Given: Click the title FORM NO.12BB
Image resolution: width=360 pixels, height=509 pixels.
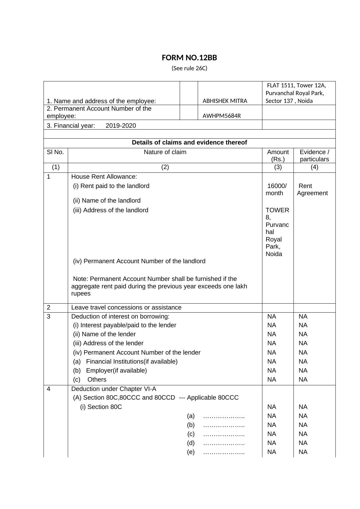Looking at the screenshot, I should [189, 58].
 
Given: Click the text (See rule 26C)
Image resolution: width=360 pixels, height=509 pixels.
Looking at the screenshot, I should [189, 68].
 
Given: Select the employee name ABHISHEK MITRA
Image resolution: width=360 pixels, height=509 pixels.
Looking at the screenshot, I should [225, 101].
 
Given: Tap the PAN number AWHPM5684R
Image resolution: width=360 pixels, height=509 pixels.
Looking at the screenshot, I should [221, 116].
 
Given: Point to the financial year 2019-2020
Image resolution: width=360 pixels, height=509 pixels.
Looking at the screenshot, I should [121, 126].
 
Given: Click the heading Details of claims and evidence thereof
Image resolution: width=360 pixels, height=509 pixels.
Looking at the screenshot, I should [189, 143].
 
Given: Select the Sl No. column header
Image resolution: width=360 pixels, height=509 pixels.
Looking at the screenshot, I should [55, 152].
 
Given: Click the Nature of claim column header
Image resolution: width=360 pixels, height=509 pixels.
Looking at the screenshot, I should [165, 152].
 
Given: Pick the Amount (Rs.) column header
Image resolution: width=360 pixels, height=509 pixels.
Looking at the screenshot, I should [278, 155].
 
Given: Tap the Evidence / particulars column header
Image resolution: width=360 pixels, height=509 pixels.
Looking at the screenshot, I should [314, 155].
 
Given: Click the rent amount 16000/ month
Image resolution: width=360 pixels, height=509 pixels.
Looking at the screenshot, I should [277, 190].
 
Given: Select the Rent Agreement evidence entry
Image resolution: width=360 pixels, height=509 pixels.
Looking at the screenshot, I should [312, 190].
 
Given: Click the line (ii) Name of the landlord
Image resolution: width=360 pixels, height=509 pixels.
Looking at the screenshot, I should [107, 200].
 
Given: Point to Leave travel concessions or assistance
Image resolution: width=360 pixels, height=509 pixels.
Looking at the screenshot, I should [126, 307].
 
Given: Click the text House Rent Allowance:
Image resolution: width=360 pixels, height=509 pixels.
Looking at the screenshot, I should [104, 177].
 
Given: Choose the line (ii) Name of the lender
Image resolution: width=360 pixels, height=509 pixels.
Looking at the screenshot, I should [104, 334].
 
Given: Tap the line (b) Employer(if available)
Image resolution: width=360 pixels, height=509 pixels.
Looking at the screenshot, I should [110, 370].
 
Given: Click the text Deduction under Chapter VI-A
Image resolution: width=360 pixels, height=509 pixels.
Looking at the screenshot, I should [113, 389].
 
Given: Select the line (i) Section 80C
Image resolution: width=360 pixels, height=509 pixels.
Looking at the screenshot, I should [101, 407].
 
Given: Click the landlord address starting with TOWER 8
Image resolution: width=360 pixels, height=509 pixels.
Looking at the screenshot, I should [277, 232].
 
